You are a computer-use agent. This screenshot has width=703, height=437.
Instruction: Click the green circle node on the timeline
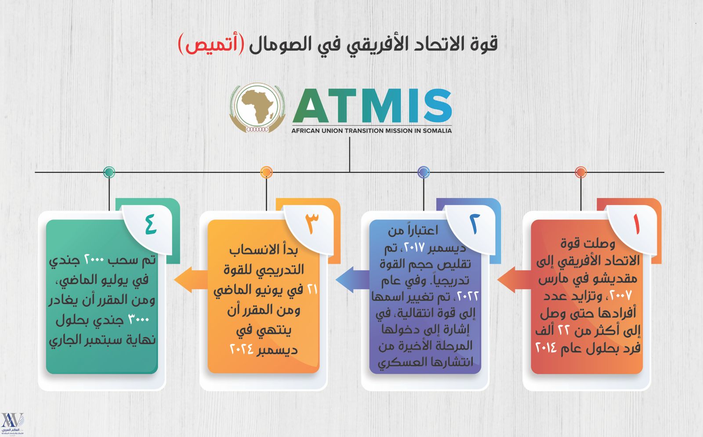109,172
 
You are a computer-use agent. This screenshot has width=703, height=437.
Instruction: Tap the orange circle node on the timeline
266,172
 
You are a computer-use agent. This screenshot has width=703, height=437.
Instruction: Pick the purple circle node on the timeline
424,172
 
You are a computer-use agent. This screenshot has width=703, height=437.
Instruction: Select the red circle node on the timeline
581,172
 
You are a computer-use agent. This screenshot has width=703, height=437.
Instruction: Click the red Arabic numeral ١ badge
637,224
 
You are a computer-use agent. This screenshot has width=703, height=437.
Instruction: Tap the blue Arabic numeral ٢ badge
475,224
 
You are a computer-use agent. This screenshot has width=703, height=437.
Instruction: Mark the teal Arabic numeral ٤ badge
151,224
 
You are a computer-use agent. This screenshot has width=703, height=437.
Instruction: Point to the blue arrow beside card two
352,279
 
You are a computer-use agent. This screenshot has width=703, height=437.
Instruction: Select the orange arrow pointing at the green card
191,279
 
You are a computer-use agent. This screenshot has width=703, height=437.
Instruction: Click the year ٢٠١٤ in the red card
546,347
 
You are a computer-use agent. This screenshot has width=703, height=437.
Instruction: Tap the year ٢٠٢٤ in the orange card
241,349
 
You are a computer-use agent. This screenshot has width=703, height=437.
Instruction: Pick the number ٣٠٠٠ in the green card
139,320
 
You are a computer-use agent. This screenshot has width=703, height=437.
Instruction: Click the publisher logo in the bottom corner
13,423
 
